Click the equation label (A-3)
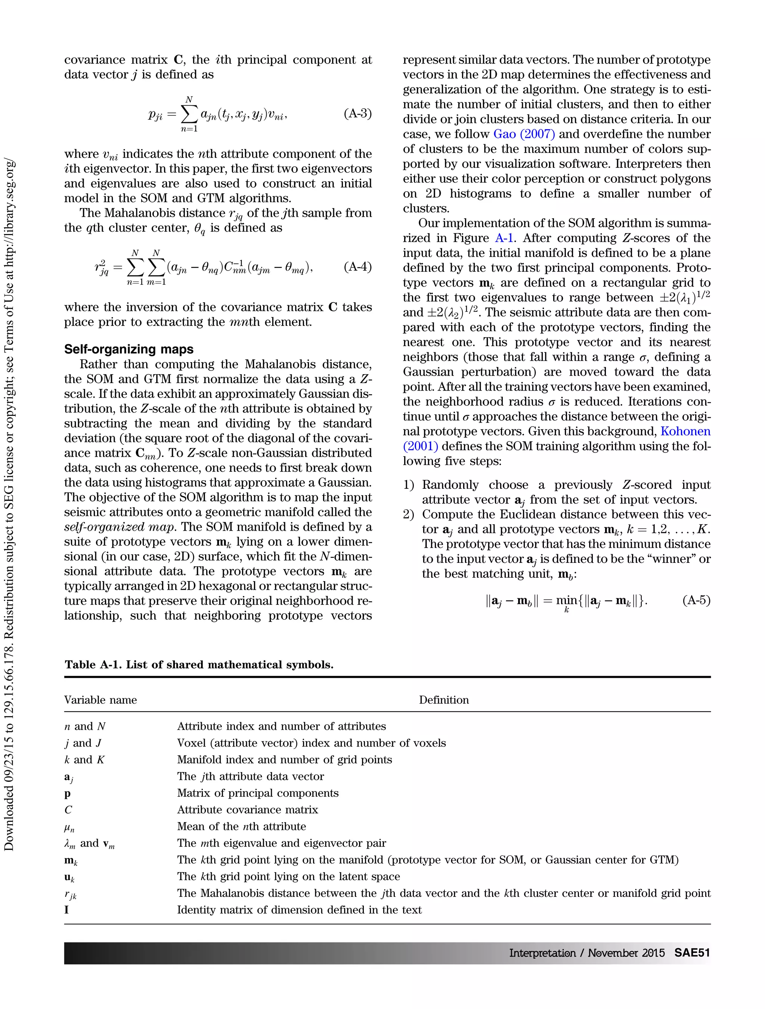[357, 114]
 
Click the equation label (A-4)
[357, 267]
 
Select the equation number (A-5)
[696, 600]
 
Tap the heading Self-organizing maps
[128, 349]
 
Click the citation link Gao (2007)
[524, 134]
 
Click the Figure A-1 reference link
[505, 238]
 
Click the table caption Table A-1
[199, 664]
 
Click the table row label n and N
[85, 726]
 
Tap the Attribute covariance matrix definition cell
[247, 810]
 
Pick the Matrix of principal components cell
[258, 793]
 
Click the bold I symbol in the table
[66, 910]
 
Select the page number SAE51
[692, 953]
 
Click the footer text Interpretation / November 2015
[586, 953]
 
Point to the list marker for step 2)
[409, 515]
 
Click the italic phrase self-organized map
[120, 527]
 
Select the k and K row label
[84, 759]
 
